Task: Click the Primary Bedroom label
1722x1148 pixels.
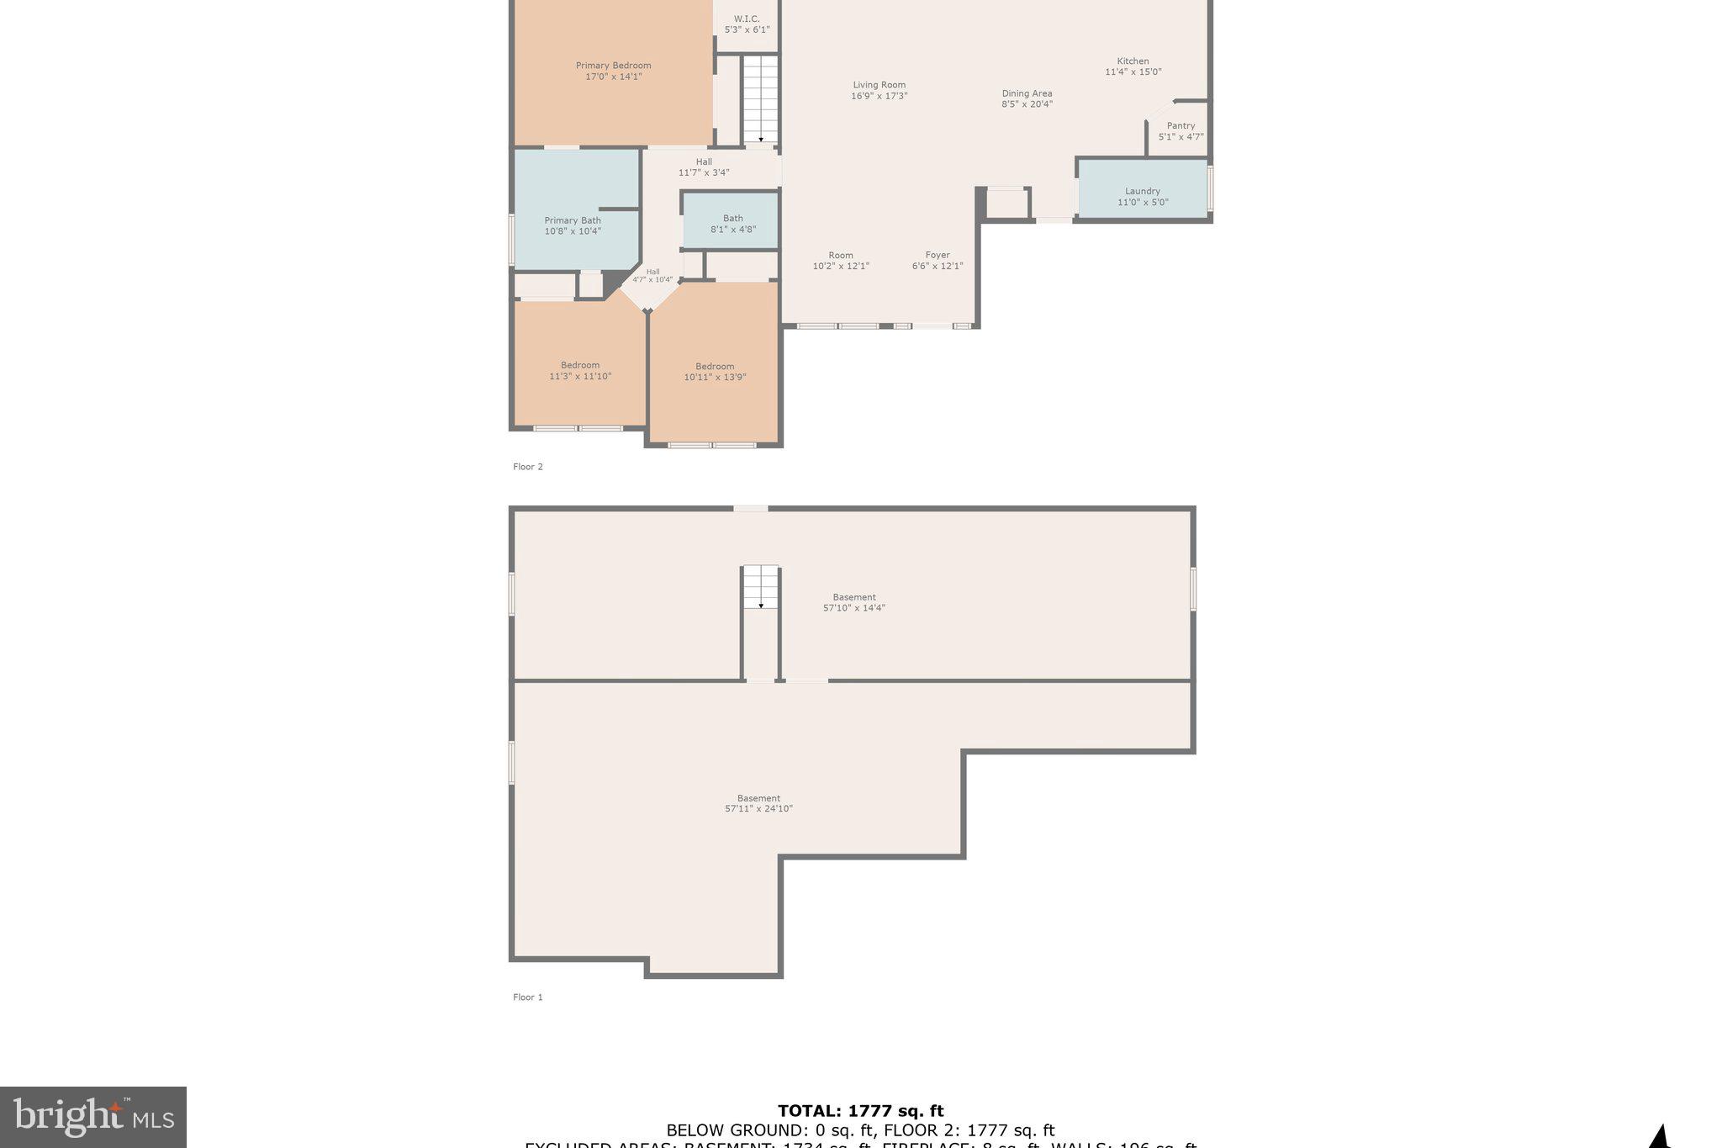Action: point(613,66)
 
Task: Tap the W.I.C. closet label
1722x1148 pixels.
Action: point(747,19)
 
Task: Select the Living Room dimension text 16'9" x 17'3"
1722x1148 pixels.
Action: point(879,96)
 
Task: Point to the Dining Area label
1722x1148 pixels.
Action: point(1027,93)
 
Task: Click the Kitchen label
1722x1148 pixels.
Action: point(1133,61)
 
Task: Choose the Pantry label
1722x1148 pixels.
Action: point(1181,126)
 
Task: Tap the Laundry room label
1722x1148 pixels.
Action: point(1142,192)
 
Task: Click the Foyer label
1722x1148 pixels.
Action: point(938,256)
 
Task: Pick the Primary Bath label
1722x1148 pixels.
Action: point(573,221)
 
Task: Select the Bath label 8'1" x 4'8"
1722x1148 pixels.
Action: point(732,224)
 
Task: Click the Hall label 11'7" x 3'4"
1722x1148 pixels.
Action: point(704,167)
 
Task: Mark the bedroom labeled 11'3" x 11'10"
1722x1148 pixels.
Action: point(580,371)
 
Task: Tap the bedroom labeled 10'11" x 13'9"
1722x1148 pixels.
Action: point(715,372)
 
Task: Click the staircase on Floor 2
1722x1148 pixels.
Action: point(761,99)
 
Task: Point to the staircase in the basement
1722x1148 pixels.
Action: point(761,587)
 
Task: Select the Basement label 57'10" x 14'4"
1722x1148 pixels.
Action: point(853,602)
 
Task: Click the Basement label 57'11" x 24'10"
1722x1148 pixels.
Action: point(758,803)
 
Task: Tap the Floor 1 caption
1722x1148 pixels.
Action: point(528,997)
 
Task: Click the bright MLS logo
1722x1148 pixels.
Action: point(93,1117)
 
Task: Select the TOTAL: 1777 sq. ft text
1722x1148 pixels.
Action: point(860,1111)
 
